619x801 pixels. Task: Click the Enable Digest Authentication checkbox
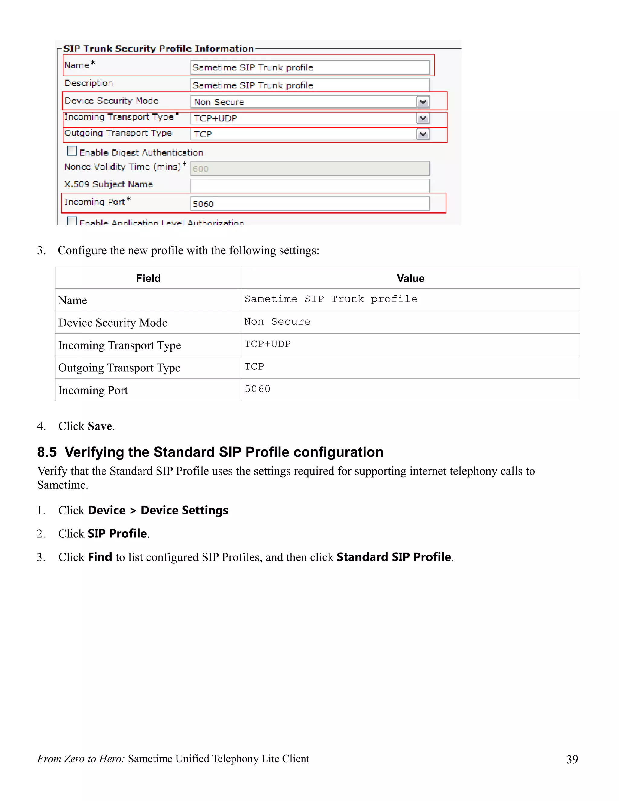coord(72,151)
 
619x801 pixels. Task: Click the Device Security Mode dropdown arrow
coord(423,102)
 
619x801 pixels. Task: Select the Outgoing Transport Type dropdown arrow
coord(423,134)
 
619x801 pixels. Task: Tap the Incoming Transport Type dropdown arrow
coord(423,118)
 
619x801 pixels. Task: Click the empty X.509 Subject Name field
coord(309,185)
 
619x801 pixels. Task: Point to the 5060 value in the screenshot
coord(203,204)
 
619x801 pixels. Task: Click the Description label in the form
coord(88,83)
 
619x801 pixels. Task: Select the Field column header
coord(148,278)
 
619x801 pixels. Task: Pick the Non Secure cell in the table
coord(277,322)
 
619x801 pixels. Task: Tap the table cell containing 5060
coord(257,389)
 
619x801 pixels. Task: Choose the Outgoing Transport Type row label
coord(119,368)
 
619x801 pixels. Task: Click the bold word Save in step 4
coord(100,426)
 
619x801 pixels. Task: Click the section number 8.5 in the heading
coord(47,452)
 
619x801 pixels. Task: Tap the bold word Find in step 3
coord(100,557)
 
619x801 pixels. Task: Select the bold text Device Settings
coord(184,511)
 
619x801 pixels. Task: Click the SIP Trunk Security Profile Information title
coord(158,48)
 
